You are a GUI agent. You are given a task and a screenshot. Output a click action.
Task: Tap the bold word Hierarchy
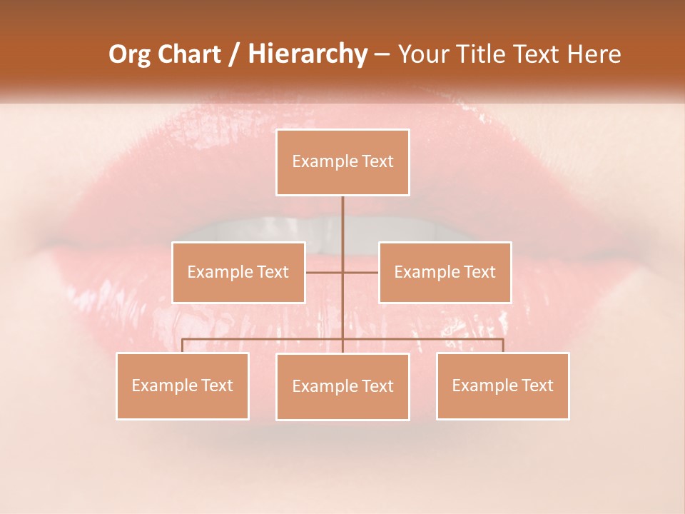[x=307, y=54]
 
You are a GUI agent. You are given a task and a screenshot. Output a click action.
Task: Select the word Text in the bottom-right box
[x=537, y=385]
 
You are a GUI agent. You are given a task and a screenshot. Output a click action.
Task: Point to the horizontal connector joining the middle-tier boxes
[x=360, y=272]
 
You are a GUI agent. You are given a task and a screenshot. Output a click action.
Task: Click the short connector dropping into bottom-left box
[x=183, y=346]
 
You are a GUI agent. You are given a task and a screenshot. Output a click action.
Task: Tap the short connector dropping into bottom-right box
[x=503, y=346]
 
